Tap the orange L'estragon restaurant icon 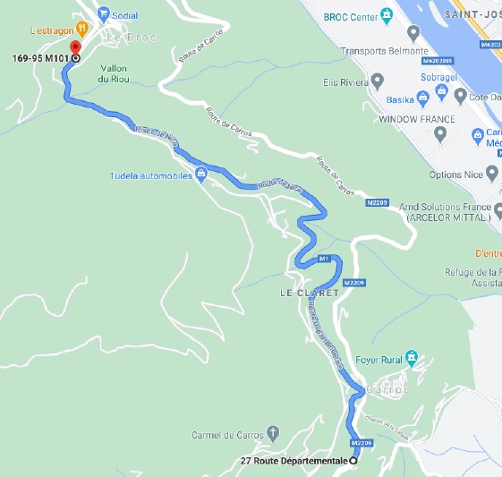pos(81,27)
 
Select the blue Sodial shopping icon pos(103,14)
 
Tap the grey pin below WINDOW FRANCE pos(439,135)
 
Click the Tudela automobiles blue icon pos(201,175)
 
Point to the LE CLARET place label pos(309,294)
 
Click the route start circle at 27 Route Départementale pos(353,460)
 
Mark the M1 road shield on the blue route pos(325,259)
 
